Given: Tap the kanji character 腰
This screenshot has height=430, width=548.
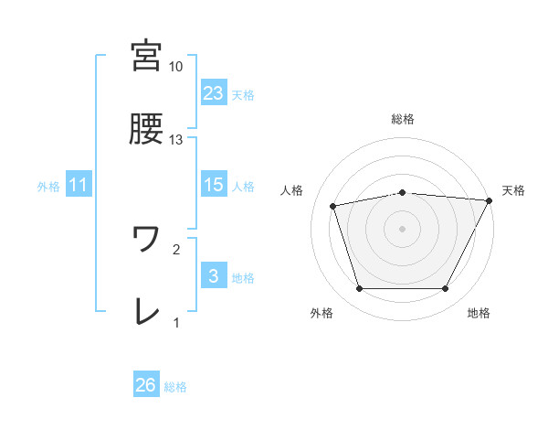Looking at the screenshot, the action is [x=146, y=130].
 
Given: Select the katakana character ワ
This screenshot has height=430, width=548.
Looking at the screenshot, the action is [x=146, y=238].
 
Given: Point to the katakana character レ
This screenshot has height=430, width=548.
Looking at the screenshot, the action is [x=146, y=312].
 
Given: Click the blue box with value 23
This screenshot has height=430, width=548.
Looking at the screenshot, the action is [x=214, y=92].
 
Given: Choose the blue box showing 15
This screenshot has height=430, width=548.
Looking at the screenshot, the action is [x=214, y=186].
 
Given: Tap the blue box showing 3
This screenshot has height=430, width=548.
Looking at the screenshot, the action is [x=214, y=277].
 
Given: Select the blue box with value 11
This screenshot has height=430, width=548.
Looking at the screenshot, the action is [x=79, y=186].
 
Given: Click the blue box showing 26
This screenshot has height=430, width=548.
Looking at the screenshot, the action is [x=146, y=385].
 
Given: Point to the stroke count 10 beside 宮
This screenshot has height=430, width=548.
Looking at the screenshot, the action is [x=176, y=67].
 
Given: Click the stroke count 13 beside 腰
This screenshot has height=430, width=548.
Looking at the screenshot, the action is [x=176, y=140].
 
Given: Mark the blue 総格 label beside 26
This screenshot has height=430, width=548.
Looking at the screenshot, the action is [x=175, y=387].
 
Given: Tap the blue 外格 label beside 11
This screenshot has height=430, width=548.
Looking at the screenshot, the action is [x=48, y=187].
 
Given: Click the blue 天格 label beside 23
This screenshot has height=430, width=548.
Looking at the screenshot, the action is [x=243, y=94].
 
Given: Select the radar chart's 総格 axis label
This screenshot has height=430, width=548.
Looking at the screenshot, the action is [x=402, y=119].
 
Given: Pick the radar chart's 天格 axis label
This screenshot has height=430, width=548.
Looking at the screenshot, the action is [x=514, y=190].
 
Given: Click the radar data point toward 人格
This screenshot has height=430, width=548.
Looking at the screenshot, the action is [x=333, y=206].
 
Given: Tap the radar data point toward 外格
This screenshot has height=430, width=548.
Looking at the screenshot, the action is [x=359, y=289].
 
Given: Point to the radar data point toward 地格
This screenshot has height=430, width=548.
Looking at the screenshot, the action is [x=446, y=289].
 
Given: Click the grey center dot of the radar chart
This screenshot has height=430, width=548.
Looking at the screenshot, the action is [x=402, y=228].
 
